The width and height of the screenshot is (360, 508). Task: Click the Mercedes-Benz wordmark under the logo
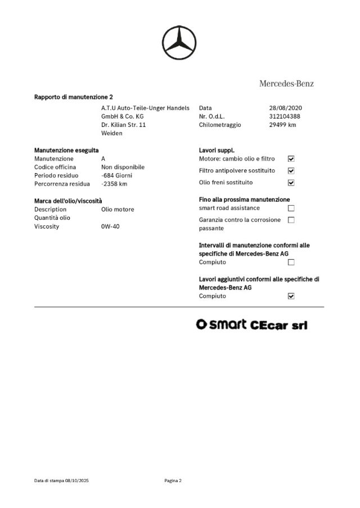point(286,84)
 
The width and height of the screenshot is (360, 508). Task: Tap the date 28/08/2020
point(286,107)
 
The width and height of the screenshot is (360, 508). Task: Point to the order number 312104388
point(285,116)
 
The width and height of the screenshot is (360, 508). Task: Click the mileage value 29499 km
point(282,125)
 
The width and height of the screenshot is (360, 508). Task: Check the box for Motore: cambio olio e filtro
point(291,159)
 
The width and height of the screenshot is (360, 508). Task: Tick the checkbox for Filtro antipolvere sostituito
point(291,171)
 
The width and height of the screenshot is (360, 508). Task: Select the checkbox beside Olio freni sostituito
point(291,183)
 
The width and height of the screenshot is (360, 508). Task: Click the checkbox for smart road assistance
point(291,208)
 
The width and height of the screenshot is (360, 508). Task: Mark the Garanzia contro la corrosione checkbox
point(291,220)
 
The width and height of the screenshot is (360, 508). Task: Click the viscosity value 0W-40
point(110,226)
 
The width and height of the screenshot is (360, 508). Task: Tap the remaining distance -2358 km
point(114,184)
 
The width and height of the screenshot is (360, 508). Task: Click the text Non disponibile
point(123,167)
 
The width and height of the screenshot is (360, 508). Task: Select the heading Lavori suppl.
point(217,151)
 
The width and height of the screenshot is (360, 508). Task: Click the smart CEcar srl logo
point(251,325)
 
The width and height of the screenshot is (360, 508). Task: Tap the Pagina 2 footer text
point(173,480)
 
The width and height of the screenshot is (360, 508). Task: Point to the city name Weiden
point(111,133)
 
